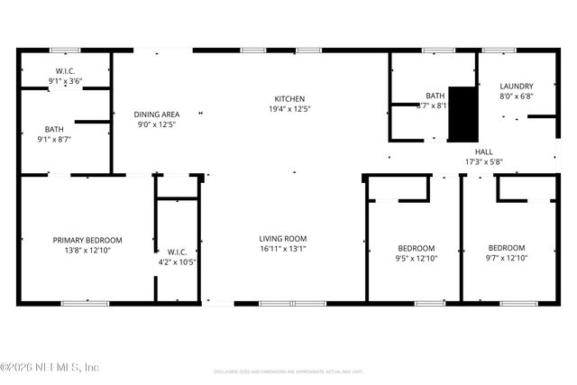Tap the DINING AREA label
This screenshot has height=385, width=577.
tap(157, 115)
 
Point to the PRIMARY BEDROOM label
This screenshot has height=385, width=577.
tap(87, 241)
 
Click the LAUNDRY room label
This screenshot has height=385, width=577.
tap(517, 86)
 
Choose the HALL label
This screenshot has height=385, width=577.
tap(484, 151)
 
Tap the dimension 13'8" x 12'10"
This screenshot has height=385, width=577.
tap(87, 252)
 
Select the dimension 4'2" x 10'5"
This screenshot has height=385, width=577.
tap(177, 262)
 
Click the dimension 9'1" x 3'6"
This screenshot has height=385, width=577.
tap(65, 81)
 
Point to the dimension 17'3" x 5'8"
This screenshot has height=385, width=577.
tap(484, 162)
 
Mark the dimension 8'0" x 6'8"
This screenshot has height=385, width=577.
tap(517, 96)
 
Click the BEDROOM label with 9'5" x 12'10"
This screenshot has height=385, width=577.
tap(416, 248)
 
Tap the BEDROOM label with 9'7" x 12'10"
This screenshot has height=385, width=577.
tap(506, 248)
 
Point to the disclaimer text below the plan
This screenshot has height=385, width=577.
tap(288, 371)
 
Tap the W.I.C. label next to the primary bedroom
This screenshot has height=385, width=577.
tap(177, 252)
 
